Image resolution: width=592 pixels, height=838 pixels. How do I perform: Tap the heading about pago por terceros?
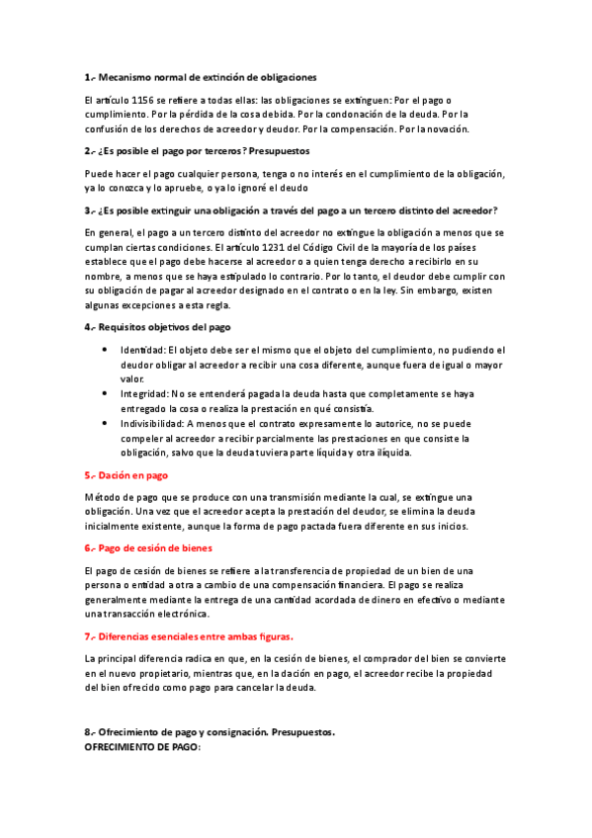tap(204, 151)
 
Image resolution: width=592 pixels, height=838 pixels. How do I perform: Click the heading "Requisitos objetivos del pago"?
tap(164, 326)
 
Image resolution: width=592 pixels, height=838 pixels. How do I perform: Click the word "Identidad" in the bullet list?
tap(142, 350)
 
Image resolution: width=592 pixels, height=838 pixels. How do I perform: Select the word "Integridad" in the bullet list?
tap(144, 392)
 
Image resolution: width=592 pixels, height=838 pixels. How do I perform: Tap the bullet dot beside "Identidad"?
tap(106, 350)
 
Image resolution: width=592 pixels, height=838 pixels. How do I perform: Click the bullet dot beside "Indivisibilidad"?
tap(106, 423)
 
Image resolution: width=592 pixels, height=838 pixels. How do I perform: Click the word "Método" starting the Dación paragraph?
tap(101, 497)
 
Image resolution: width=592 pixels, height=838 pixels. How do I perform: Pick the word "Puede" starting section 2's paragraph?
tap(100, 174)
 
